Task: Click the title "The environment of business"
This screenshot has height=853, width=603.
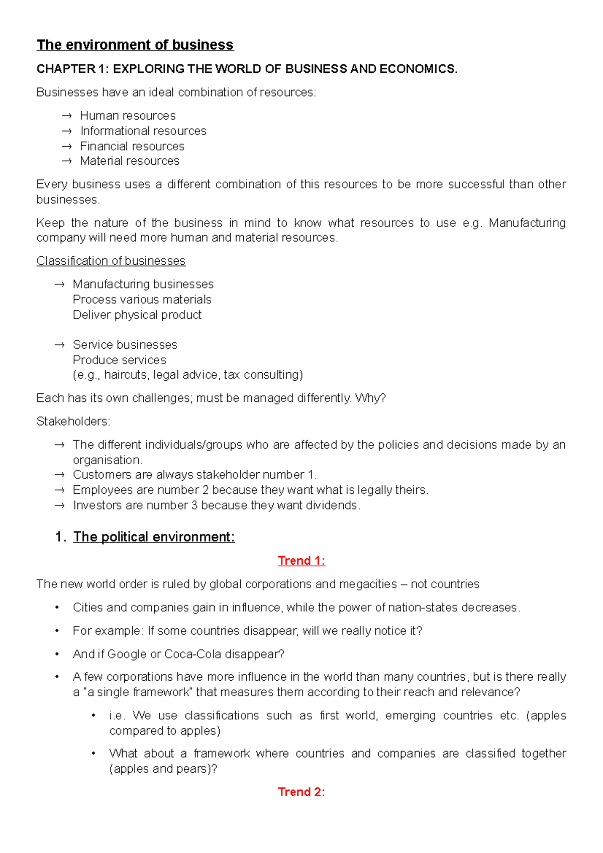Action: coord(135,45)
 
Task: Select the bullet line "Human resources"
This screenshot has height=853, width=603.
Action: coord(128,116)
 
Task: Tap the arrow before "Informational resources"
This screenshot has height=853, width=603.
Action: coord(67,131)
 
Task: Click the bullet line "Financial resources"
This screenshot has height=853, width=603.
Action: coord(132,146)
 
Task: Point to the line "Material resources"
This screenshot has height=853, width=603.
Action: coord(130,161)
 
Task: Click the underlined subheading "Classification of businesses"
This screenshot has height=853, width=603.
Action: coord(111,261)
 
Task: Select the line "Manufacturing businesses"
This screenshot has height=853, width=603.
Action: coord(143,284)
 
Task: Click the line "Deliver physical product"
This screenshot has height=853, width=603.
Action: coord(137,315)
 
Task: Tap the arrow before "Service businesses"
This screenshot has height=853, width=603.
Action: coord(60,345)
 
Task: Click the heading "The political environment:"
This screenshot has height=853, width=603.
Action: coord(154,537)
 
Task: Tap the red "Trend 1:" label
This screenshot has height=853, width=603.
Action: coord(301,561)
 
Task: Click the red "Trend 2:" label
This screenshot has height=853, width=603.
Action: coord(301,792)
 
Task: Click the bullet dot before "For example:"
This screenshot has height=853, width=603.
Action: coord(57,631)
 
